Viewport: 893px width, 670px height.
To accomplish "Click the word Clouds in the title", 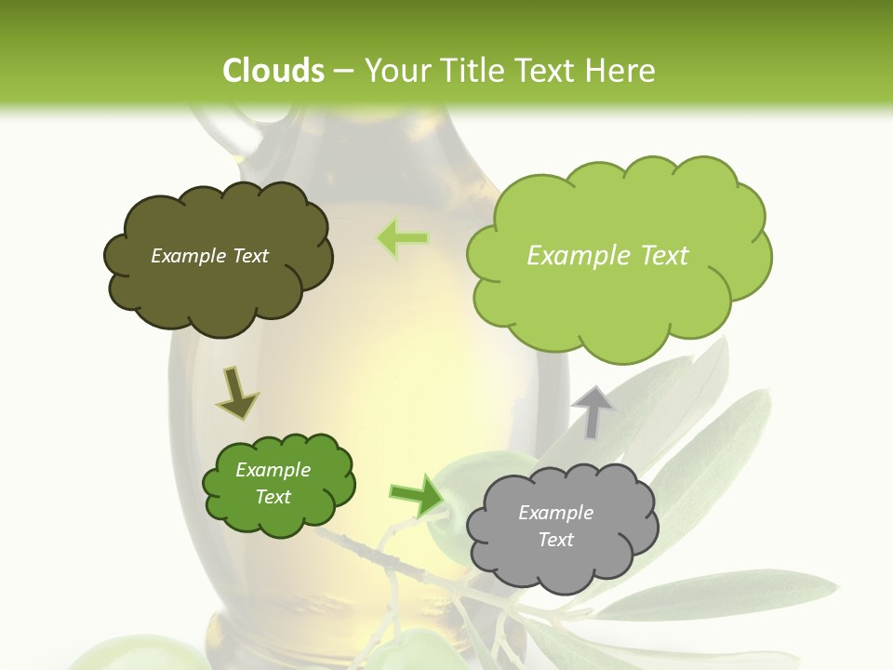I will (273, 71).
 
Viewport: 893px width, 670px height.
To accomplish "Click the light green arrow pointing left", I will (402, 238).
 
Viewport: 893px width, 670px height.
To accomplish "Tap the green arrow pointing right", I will (416, 494).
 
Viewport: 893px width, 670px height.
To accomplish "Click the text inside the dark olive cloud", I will (209, 256).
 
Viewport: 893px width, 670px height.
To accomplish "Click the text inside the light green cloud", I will (607, 256).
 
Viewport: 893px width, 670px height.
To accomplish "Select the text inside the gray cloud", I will (555, 526).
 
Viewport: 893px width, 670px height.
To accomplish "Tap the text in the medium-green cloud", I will (273, 483).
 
